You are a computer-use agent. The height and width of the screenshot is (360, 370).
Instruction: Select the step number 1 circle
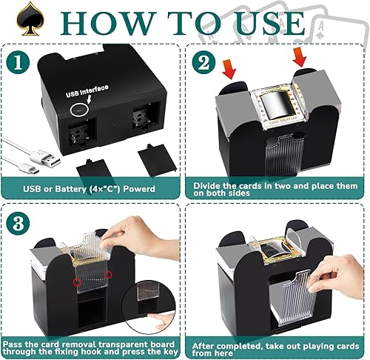click(x=20, y=63)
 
